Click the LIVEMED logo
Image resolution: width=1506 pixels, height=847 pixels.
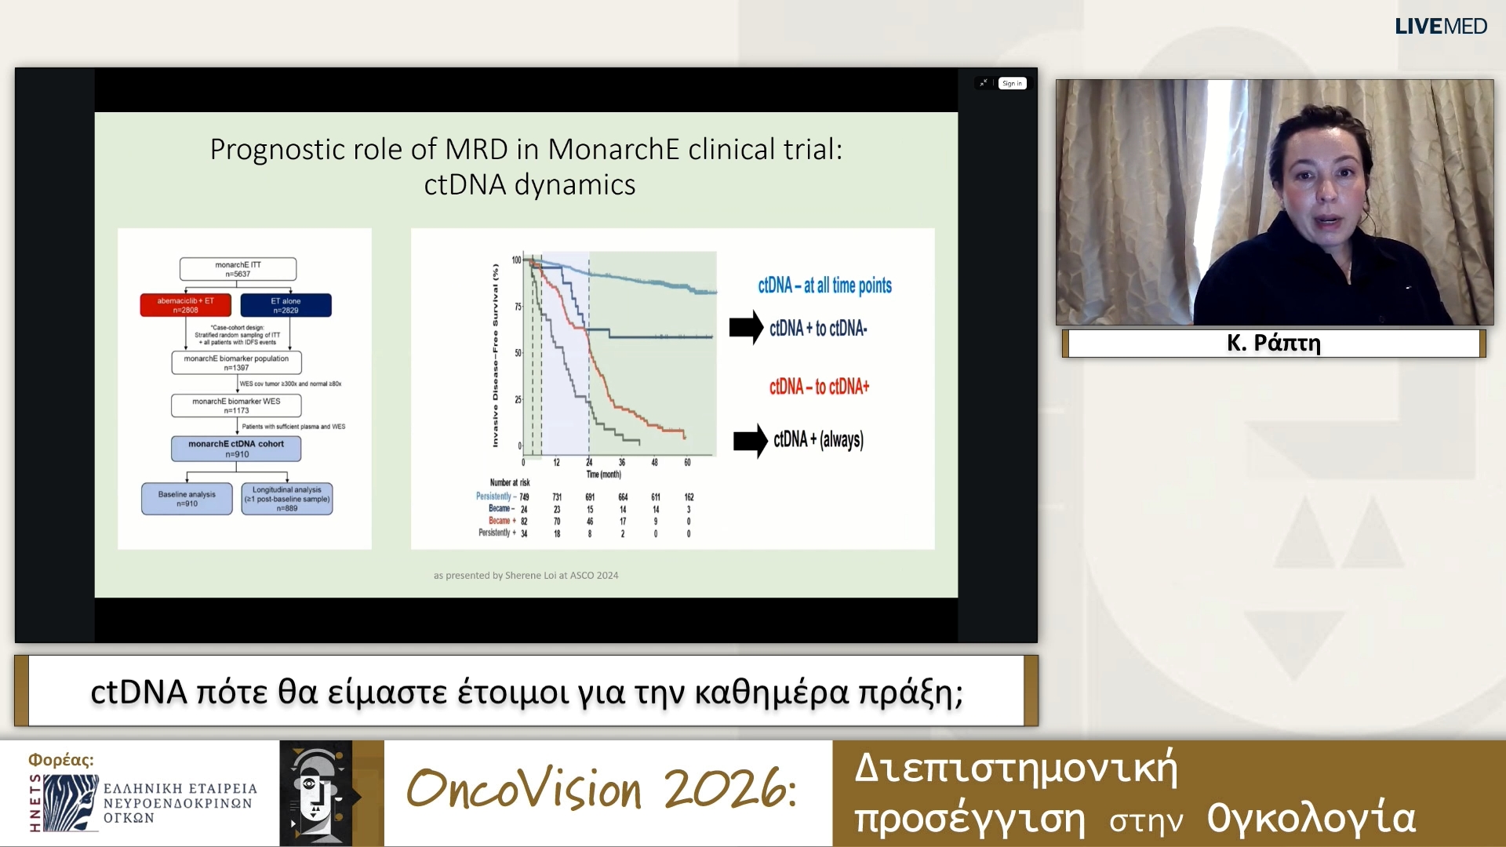pos(1440,26)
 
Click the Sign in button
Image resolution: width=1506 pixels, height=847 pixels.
pos(1012,83)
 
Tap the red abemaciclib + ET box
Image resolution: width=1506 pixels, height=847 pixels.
pos(185,305)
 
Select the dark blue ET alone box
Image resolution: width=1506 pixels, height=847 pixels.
pos(286,305)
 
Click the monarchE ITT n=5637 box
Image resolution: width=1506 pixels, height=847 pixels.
pos(238,269)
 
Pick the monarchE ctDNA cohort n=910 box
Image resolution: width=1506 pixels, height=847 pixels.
pos(236,449)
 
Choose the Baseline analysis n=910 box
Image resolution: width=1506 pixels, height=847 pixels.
pos(187,499)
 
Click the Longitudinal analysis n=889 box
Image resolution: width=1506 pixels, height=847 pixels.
pos(287,499)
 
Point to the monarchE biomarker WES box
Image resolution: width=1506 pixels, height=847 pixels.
pos(236,405)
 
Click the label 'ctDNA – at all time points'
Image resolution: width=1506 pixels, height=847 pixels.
pos(824,285)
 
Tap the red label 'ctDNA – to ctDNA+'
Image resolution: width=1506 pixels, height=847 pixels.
pos(819,387)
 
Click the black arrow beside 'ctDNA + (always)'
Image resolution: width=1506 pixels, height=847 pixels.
pos(750,441)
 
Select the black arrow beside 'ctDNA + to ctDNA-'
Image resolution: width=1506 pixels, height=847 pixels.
pos(746,328)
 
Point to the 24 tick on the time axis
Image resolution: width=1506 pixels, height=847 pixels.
pos(589,463)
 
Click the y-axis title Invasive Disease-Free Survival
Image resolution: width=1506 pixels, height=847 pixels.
pos(495,355)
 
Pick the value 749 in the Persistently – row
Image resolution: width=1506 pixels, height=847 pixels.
pos(524,497)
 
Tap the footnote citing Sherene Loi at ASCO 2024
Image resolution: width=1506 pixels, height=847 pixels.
pos(526,576)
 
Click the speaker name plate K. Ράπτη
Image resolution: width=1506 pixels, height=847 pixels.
pos(1274,343)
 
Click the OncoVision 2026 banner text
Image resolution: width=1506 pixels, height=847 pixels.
pos(602,789)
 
